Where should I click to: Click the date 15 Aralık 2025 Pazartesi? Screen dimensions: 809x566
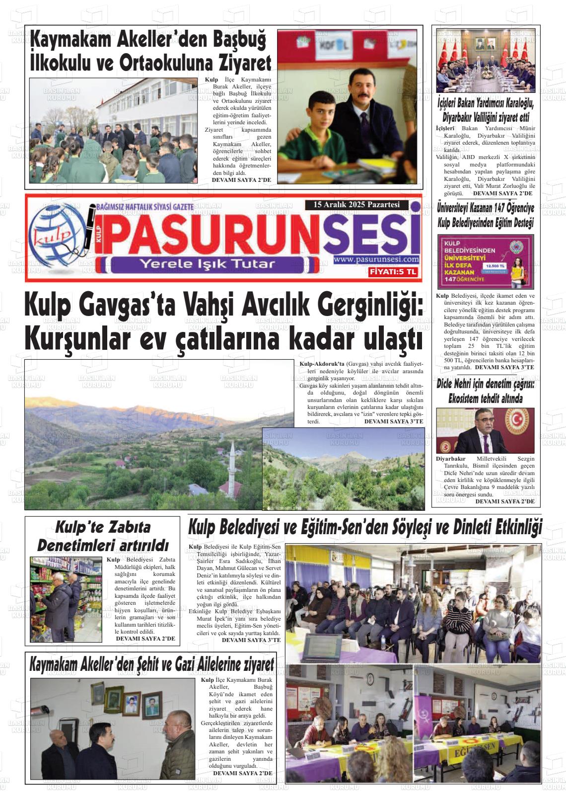tap(356, 205)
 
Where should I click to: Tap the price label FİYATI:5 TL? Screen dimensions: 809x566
tap(393, 272)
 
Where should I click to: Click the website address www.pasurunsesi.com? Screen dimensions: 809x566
tap(376, 259)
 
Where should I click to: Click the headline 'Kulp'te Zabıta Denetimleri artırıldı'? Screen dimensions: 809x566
tap(103, 536)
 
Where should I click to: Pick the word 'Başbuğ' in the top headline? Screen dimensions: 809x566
tap(235, 39)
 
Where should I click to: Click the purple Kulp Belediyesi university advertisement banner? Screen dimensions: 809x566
tap(485, 261)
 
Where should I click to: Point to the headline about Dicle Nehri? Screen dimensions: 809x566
tap(485, 392)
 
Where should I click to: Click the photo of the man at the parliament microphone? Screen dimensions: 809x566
tap(485, 430)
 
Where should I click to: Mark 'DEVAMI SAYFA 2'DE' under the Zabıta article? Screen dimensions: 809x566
tap(145, 638)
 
